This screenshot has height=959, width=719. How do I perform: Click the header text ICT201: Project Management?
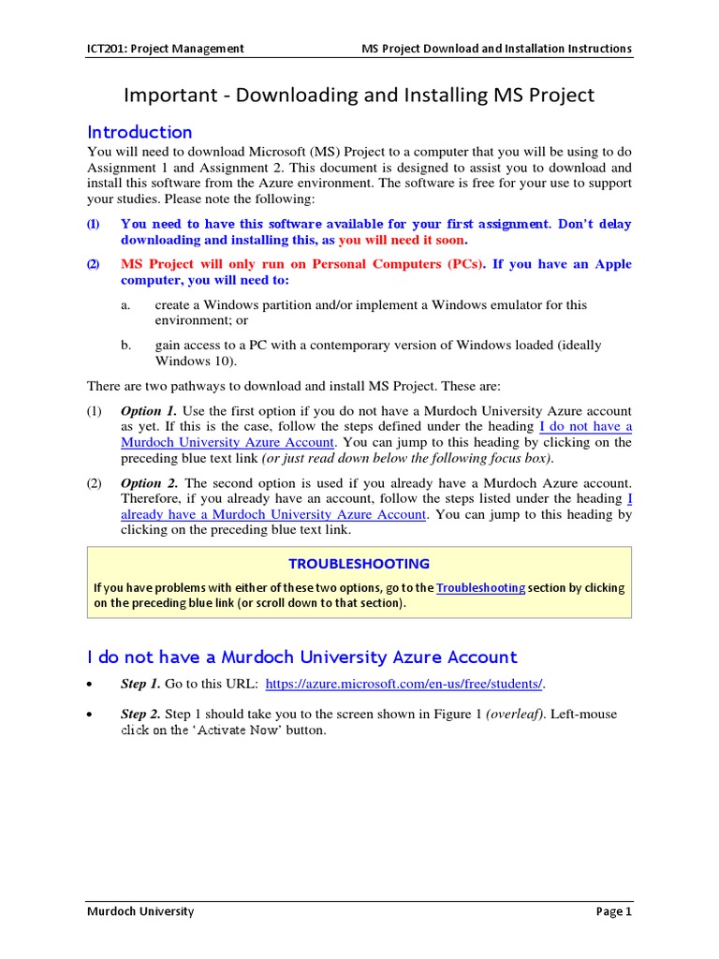point(166,49)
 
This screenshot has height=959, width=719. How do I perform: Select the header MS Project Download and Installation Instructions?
point(496,49)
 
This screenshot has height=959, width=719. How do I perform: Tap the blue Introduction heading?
point(139,132)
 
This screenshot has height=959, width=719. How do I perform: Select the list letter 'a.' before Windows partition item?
point(125,305)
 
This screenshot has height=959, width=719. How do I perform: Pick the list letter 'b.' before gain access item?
point(125,346)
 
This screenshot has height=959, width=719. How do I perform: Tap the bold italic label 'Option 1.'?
point(149,411)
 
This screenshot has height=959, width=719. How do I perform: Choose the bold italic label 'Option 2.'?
point(149,483)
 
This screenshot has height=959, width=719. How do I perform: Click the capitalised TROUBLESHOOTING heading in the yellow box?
point(359,564)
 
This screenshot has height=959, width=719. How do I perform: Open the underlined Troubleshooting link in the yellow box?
point(480,588)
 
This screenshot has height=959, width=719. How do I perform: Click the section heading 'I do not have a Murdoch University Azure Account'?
point(302,657)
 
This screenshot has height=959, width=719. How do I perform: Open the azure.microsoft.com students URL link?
point(404,685)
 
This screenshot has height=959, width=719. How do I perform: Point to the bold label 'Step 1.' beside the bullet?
point(140,685)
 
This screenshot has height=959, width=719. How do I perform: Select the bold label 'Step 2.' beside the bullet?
point(140,715)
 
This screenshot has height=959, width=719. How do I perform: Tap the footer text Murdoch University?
point(140,911)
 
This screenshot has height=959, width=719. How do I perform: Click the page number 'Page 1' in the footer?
point(614,911)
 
